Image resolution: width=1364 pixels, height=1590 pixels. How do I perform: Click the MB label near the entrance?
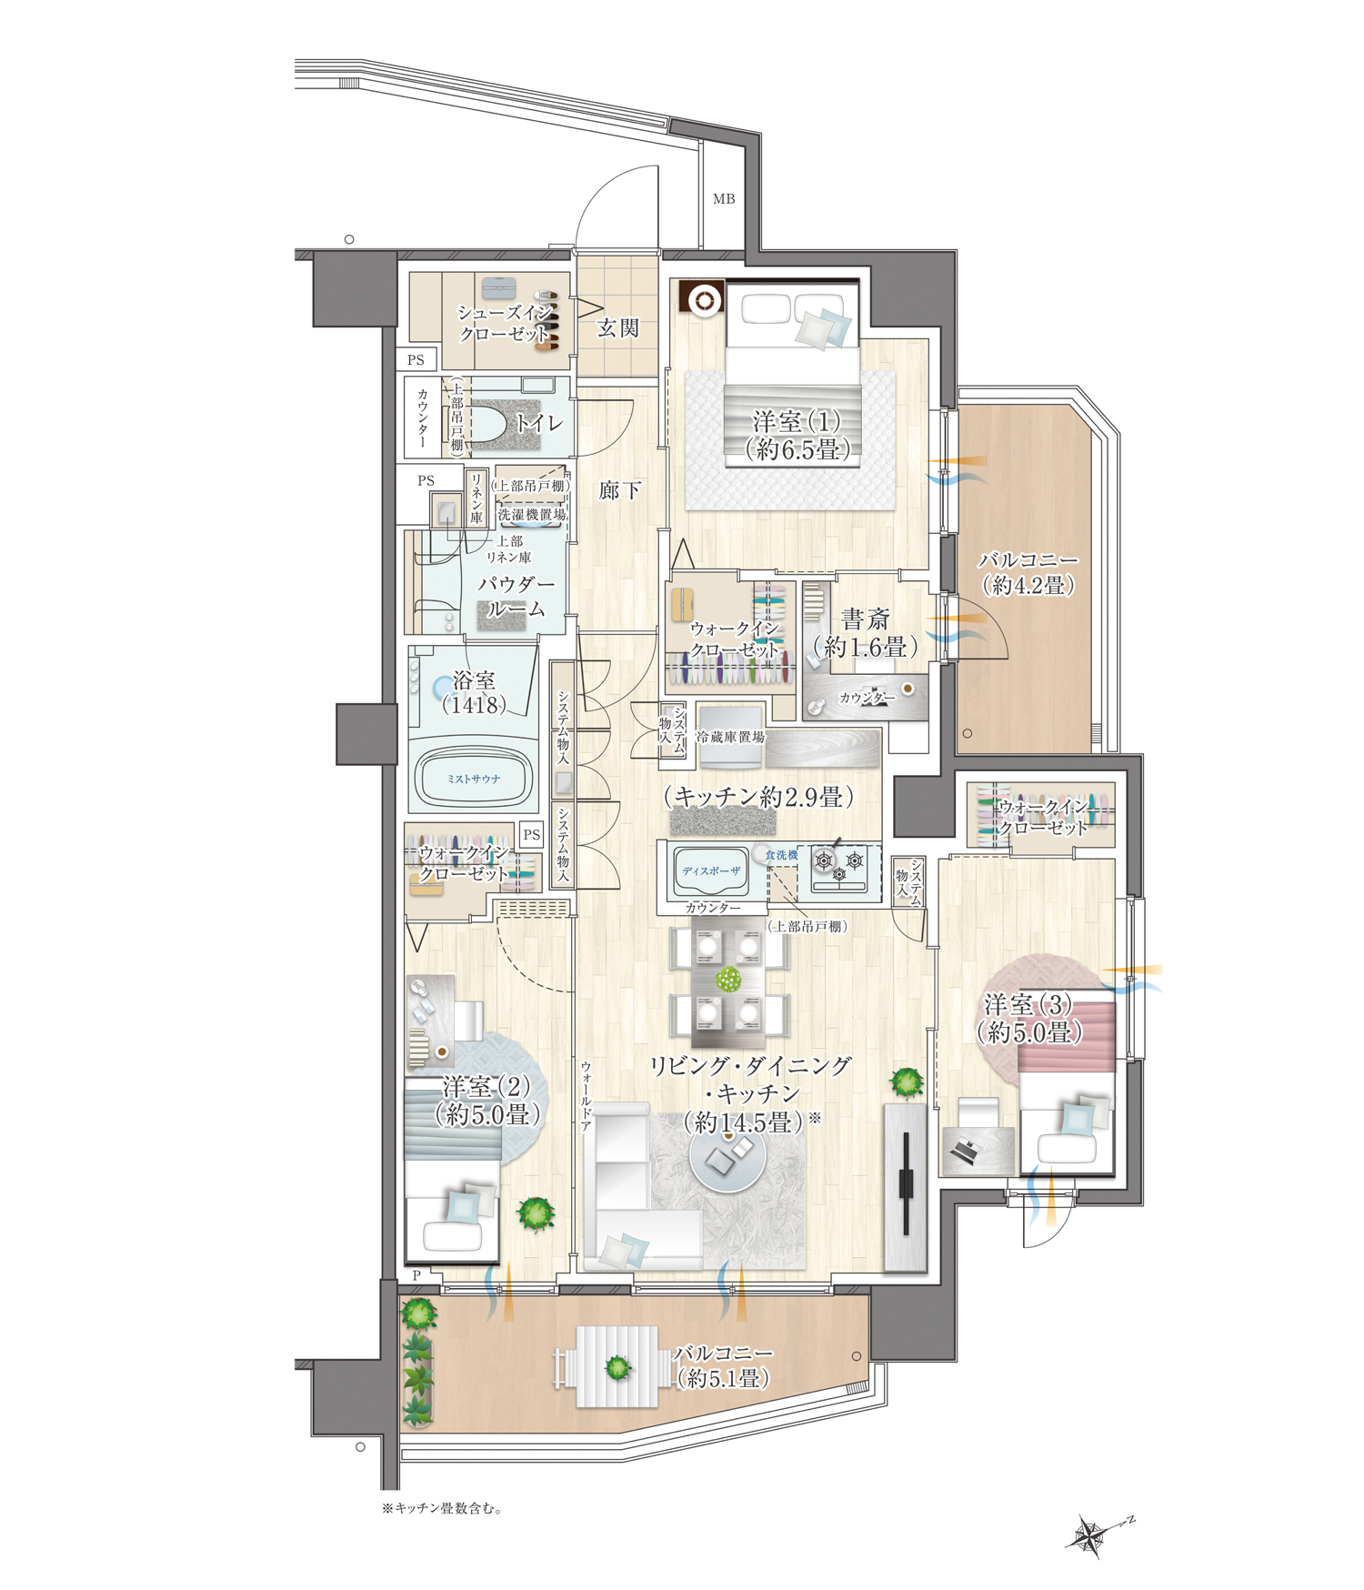(724, 198)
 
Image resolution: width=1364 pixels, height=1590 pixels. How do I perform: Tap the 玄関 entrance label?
(617, 328)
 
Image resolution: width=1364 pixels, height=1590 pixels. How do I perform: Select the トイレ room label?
(539, 423)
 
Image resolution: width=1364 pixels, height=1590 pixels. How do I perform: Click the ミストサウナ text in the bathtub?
(473, 779)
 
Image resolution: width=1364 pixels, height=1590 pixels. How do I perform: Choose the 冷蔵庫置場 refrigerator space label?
(730, 737)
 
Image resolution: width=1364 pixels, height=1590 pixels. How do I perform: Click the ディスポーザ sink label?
(712, 870)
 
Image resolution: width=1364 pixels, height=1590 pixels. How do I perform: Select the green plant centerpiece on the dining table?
(728, 980)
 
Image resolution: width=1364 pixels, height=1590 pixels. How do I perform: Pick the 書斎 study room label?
(865, 619)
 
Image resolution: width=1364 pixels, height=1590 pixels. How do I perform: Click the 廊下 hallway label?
(619, 491)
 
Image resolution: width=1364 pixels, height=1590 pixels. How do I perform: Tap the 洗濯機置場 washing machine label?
(532, 514)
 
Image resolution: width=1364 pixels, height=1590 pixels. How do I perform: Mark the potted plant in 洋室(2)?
(537, 1213)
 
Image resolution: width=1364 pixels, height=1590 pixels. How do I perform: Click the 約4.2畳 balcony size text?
(1028, 586)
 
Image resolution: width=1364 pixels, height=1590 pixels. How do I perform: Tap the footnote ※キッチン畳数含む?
(442, 1508)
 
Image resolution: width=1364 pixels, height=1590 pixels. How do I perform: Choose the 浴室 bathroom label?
(474, 680)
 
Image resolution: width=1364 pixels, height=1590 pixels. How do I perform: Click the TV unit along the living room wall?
(906, 1186)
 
